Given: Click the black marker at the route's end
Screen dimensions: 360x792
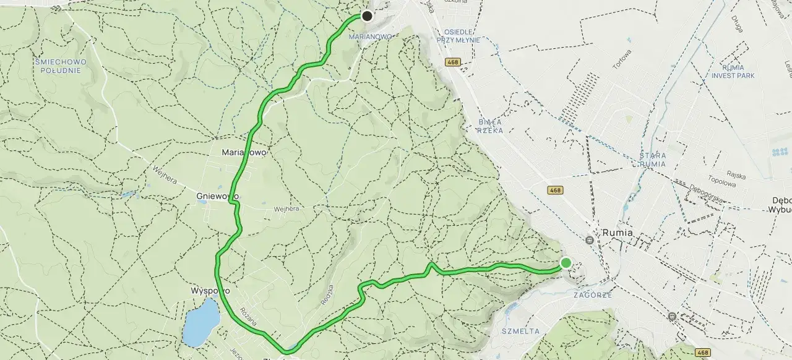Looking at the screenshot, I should [367, 16].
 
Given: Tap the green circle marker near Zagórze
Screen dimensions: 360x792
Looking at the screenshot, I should [566, 263].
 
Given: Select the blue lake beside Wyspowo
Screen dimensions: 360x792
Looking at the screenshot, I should [201, 322].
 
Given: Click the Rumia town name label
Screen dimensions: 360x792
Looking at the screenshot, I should [618, 233].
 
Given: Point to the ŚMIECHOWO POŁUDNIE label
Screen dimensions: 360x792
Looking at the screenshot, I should [61, 66].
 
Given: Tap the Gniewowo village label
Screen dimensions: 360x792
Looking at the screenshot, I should [217, 196].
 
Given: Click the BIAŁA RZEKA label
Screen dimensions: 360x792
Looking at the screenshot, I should [490, 126].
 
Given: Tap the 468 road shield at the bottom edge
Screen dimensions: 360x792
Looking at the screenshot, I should [703, 353].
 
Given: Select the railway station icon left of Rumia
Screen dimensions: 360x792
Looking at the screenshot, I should [590, 239].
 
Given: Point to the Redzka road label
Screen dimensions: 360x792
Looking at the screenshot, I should [327, 296].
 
